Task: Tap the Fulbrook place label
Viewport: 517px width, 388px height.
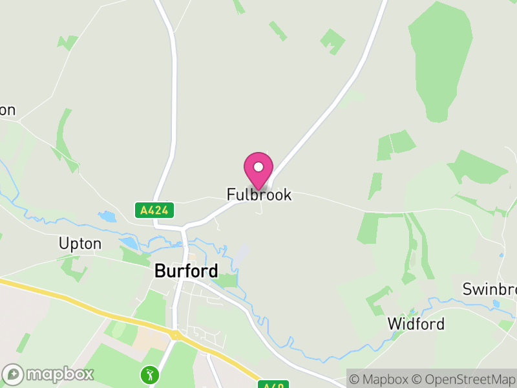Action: (x=258, y=194)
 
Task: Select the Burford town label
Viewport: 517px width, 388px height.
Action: (x=185, y=271)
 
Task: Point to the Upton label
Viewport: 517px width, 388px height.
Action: (x=80, y=244)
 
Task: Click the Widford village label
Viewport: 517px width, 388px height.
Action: (x=416, y=323)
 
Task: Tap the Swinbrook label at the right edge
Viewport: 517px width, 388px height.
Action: (x=489, y=289)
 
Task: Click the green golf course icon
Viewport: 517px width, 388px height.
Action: (x=150, y=374)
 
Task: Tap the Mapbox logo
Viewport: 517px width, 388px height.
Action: (x=48, y=374)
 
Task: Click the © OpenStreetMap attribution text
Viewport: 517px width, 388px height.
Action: (x=465, y=378)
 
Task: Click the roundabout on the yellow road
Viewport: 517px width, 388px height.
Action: (x=174, y=335)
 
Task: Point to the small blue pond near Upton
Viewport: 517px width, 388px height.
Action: (x=129, y=243)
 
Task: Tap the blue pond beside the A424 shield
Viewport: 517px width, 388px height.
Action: (x=107, y=216)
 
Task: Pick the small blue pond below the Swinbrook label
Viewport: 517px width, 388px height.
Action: (x=496, y=303)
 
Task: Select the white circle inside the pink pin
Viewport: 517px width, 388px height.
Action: (x=258, y=167)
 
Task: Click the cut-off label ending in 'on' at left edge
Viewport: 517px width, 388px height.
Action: (x=7, y=110)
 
